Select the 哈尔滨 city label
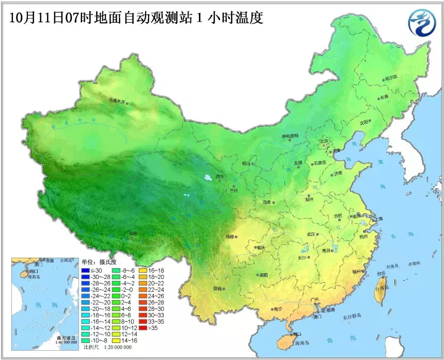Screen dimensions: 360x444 pyautogui.click(x=391, y=77)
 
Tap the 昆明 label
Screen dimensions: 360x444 pyautogui.click(x=217, y=289)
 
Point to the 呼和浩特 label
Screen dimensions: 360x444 pyautogui.click(x=290, y=136)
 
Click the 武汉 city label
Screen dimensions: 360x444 pyautogui.click(x=311, y=234)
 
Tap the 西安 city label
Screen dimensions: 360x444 pyautogui.click(x=266, y=202)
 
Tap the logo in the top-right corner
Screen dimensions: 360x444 pyautogui.click(x=421, y=23)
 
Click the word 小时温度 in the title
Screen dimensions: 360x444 pyautogui.click(x=235, y=18)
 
